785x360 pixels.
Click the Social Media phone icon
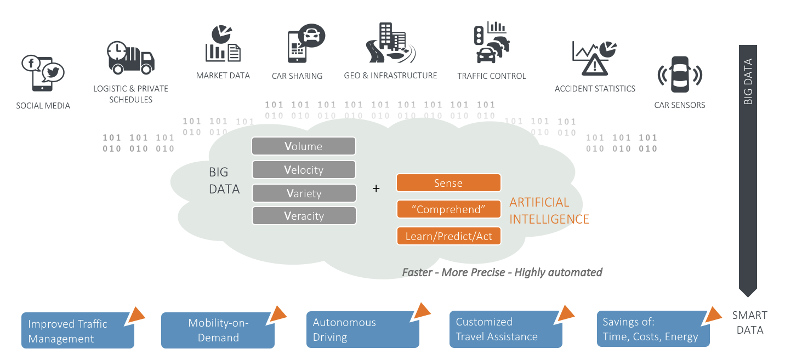click(42, 72)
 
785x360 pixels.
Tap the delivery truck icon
click(130, 58)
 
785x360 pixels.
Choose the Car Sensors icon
click(680, 75)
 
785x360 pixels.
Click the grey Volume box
click(304, 146)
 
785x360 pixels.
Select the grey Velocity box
click(304, 170)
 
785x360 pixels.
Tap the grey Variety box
click(304, 193)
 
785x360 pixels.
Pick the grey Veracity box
click(304, 216)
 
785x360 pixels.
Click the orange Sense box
click(448, 183)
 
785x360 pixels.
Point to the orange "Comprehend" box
click(448, 209)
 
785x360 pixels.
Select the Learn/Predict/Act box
click(448, 236)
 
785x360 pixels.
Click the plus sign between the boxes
click(376, 188)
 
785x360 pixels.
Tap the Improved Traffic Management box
click(78, 331)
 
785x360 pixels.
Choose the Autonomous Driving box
click(362, 329)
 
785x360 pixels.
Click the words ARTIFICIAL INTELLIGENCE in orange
click(549, 211)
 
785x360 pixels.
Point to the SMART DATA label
click(750, 323)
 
